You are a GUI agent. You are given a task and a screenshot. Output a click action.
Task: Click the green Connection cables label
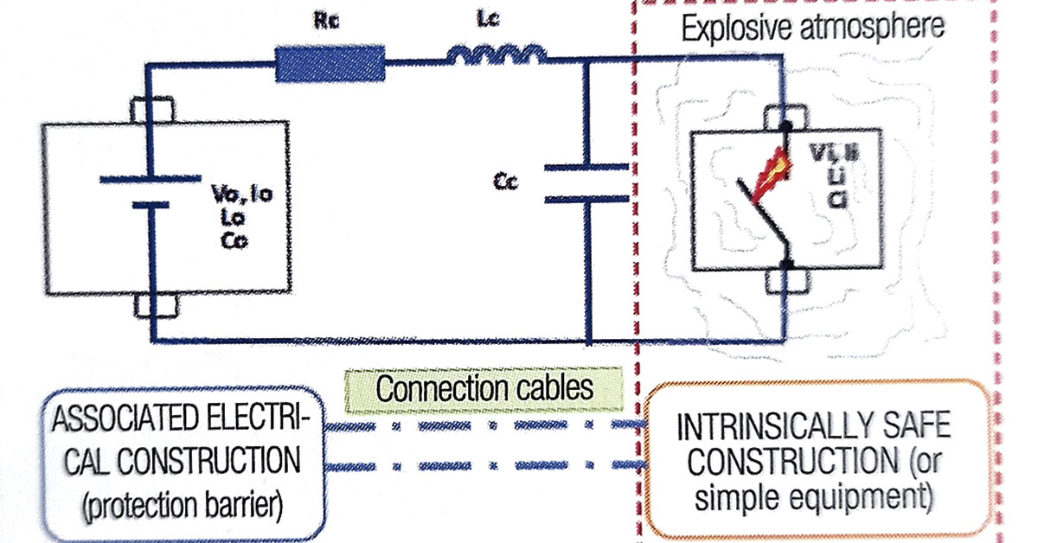(484, 386)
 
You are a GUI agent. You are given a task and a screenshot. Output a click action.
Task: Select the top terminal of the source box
(151, 112)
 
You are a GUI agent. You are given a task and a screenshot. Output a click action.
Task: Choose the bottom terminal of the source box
(151, 305)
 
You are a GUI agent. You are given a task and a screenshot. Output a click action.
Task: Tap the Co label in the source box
(234, 243)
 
